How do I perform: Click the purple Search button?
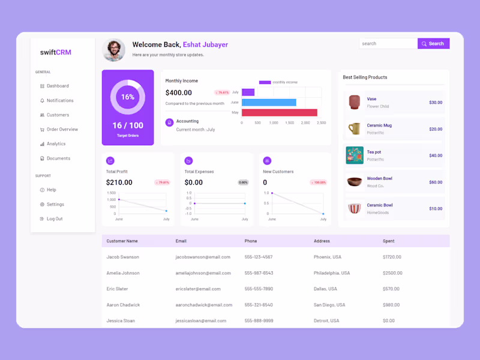[433, 44]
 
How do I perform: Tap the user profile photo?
[114, 50]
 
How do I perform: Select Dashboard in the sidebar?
[58, 86]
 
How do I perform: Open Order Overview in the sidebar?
[62, 130]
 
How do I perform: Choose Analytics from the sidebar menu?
[56, 144]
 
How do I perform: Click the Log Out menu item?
[54, 219]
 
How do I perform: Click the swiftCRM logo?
[56, 52]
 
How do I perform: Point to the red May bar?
[279, 112]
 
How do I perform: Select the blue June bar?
[269, 103]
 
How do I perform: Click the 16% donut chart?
[128, 97]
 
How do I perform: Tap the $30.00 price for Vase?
[436, 103]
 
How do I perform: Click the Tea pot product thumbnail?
[355, 155]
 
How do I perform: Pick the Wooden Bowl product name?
[380, 179]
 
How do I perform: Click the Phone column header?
[251, 241]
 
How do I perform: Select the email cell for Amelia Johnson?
[203, 273]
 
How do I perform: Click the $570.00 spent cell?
[391, 289]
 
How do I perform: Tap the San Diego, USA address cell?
[329, 305]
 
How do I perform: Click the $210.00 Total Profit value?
[119, 182]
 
